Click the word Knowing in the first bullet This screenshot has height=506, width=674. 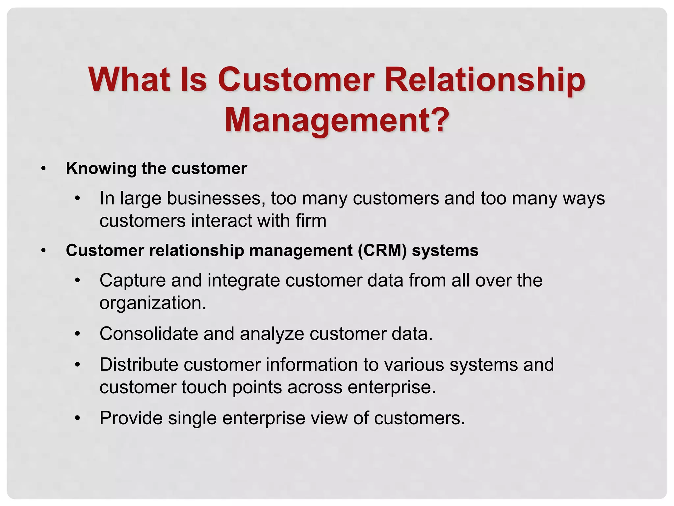tap(101, 168)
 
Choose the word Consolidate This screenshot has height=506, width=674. tap(149, 334)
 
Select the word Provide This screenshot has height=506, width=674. tap(131, 418)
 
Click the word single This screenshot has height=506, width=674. tap(192, 418)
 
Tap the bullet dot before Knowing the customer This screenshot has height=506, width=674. tap(43, 169)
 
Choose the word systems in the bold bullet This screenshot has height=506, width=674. tap(445, 250)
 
